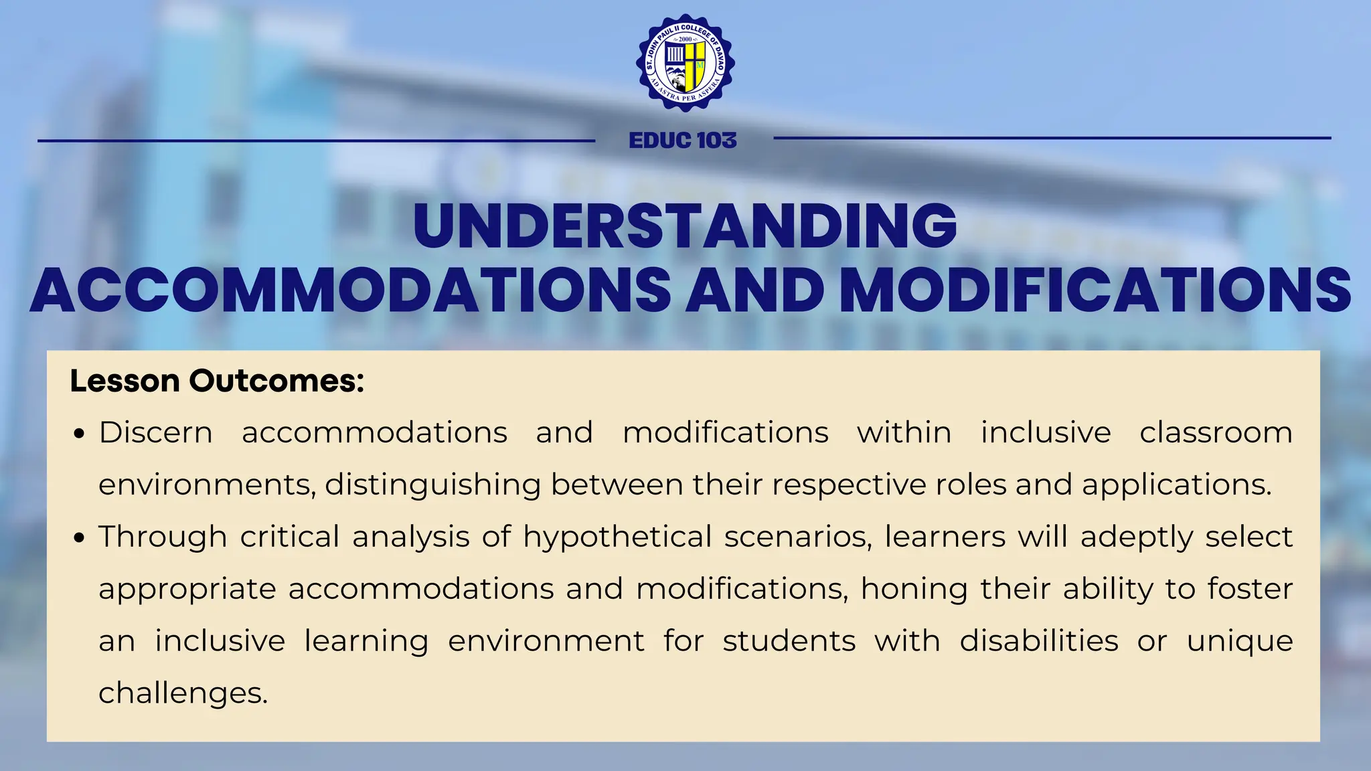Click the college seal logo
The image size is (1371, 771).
tap(685, 63)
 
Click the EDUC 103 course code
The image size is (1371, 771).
tap(683, 141)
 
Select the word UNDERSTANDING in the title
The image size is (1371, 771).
tap(685, 226)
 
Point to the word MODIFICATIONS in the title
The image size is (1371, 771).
tap(1095, 290)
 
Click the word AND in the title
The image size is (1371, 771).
tap(754, 290)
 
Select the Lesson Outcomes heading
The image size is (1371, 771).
tap(217, 381)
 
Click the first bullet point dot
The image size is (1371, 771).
tap(80, 434)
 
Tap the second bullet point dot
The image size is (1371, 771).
tap(80, 538)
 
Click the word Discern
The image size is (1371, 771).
tap(155, 432)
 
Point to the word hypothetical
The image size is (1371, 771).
tap(617, 537)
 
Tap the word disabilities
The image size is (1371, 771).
tap(1038, 641)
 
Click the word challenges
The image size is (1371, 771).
tap(183, 693)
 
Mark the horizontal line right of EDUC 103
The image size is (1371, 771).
tap(1052, 139)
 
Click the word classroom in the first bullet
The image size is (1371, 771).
tap(1216, 432)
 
